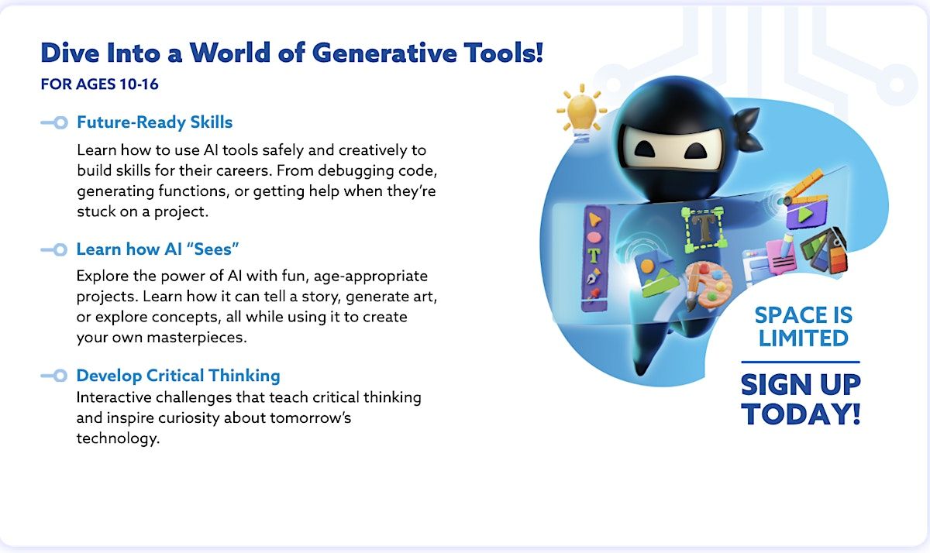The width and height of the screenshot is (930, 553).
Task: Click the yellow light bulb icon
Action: tap(581, 113)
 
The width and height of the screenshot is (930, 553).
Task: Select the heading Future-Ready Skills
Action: tap(154, 122)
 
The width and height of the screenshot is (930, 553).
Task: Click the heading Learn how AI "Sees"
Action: tap(157, 249)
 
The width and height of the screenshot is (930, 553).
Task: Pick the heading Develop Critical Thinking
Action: tap(178, 376)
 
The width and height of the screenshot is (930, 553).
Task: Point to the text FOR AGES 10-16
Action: tap(100, 84)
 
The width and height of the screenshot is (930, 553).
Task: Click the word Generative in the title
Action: tap(384, 53)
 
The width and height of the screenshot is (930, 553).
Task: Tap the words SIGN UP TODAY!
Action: tap(801, 399)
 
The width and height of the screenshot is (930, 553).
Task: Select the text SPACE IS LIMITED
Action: tap(804, 327)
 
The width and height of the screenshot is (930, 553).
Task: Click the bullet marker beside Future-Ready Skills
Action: tap(54, 123)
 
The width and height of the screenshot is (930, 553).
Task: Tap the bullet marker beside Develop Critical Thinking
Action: tap(54, 376)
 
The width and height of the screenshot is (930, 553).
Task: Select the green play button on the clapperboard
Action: tap(804, 215)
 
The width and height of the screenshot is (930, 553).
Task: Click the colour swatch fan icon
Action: tap(824, 250)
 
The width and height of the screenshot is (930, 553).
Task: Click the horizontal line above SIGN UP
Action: tap(801, 362)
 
